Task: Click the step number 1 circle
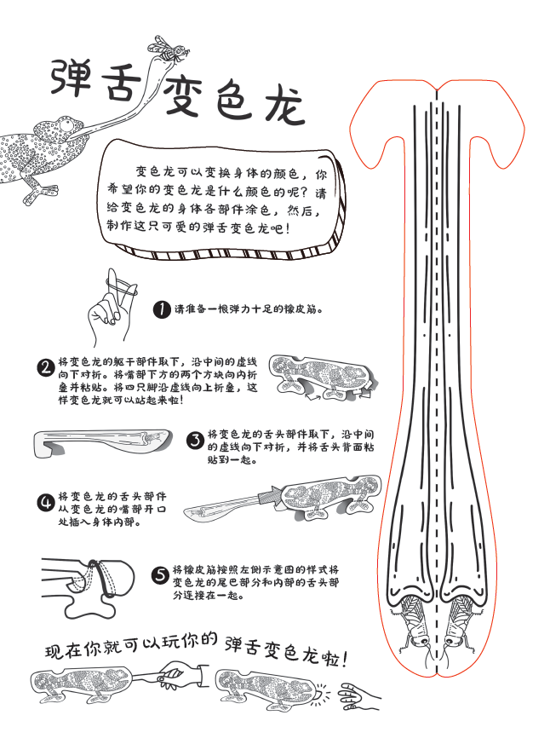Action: point(162,309)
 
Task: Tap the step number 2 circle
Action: point(46,367)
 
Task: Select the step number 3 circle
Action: point(195,441)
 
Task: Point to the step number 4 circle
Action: point(46,502)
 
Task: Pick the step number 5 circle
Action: point(160,575)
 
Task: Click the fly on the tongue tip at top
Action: point(169,49)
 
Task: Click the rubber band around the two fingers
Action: point(122,287)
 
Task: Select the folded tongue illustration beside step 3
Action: point(102,442)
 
